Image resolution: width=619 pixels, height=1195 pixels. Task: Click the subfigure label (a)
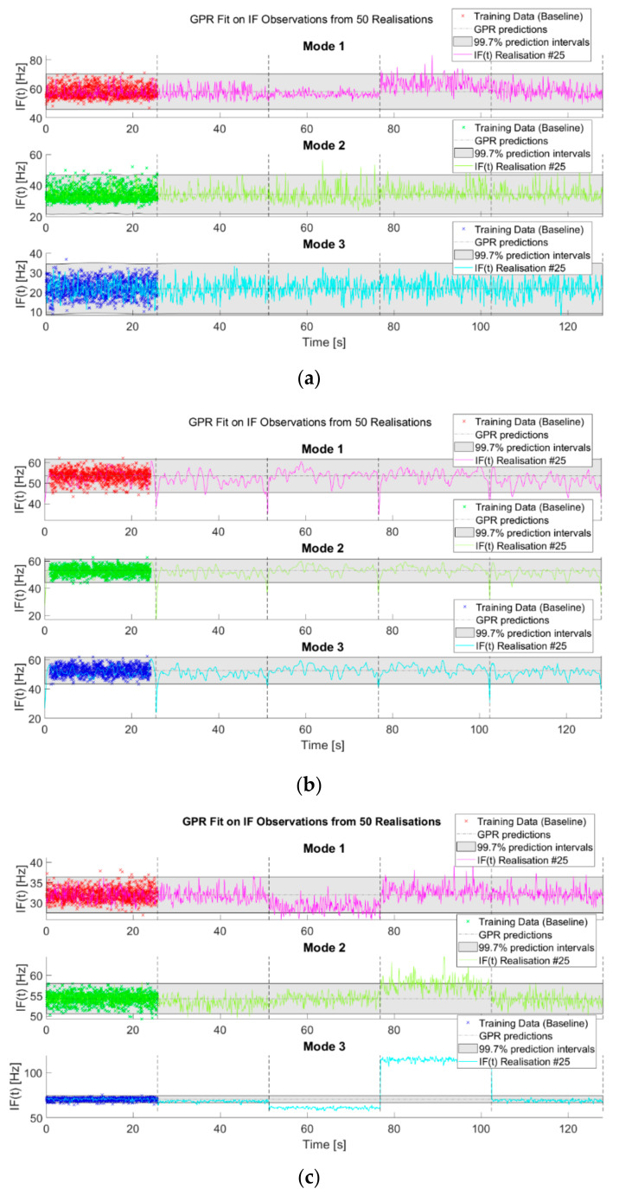click(x=309, y=377)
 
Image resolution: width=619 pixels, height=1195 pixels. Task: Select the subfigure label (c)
click(x=309, y=1172)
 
